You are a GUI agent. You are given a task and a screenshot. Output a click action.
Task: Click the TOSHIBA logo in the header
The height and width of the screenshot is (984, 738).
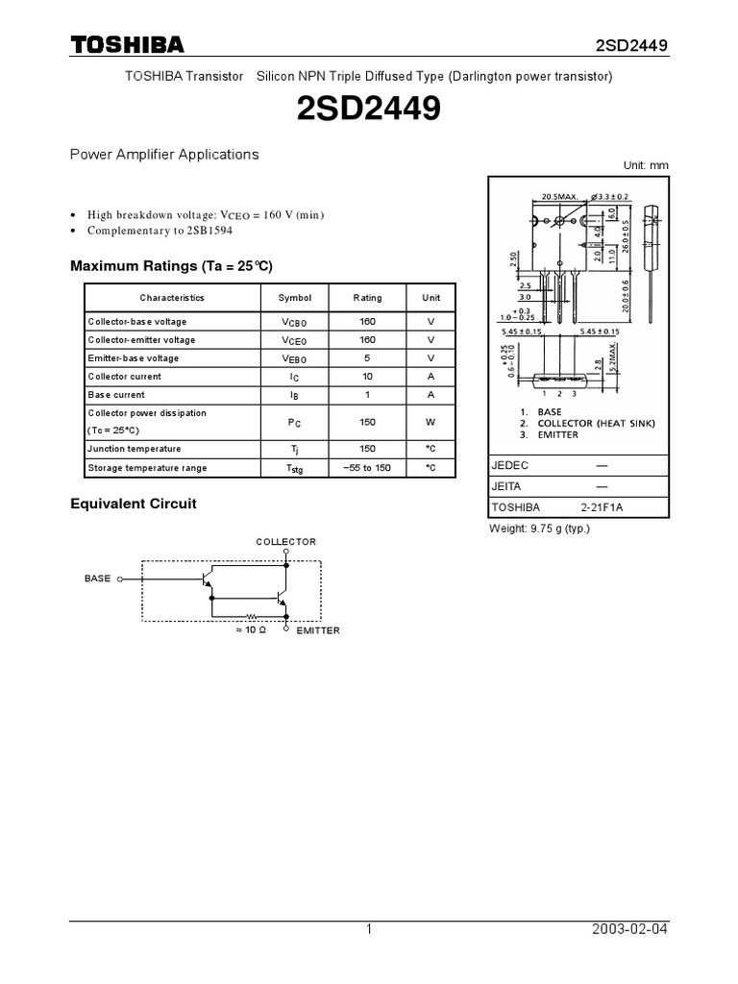tap(127, 45)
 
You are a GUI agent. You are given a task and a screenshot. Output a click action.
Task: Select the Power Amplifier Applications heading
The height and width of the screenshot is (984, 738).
tap(164, 154)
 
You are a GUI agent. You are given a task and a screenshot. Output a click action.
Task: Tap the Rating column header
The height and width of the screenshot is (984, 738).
tap(367, 298)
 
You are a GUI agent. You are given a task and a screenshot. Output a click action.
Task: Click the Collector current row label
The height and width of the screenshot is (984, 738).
tap(125, 377)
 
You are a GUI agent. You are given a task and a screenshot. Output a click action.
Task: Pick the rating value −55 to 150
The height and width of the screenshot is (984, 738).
tap(367, 468)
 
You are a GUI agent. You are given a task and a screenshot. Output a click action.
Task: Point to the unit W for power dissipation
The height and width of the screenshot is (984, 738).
tap(431, 422)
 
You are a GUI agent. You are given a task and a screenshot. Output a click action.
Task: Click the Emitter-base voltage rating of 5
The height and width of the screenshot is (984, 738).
tap(367, 358)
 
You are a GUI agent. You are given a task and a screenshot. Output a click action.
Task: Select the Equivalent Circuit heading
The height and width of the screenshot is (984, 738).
tap(134, 504)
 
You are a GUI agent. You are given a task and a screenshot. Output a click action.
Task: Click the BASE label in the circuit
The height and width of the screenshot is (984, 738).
tap(98, 578)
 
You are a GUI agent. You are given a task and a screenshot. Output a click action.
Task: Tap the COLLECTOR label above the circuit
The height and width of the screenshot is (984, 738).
tap(285, 542)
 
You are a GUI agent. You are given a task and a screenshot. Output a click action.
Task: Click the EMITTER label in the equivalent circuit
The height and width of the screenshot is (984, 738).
tap(318, 630)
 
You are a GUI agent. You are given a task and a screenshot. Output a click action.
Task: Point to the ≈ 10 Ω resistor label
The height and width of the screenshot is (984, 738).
tap(250, 630)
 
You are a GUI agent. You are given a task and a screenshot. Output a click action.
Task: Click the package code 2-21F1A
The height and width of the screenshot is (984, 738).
tap(602, 507)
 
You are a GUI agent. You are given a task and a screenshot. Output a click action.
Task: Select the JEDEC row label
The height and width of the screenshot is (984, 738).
tap(509, 465)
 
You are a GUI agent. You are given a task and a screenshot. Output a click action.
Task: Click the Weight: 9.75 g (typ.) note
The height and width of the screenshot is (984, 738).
tap(540, 529)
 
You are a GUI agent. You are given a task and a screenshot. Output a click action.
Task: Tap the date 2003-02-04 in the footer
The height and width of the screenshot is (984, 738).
tap(631, 929)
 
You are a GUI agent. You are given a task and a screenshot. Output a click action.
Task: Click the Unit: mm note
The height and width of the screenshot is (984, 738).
tap(645, 165)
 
